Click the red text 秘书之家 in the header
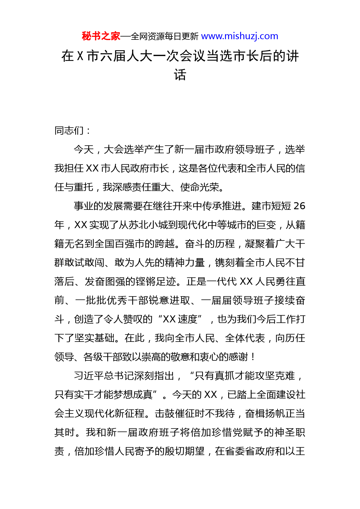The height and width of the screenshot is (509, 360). (101, 36)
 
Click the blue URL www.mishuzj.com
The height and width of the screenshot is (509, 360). (240, 36)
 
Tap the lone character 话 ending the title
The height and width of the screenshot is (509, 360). (180, 75)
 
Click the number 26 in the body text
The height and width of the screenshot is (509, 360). (299, 206)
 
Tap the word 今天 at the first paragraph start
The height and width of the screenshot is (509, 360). (84, 149)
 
